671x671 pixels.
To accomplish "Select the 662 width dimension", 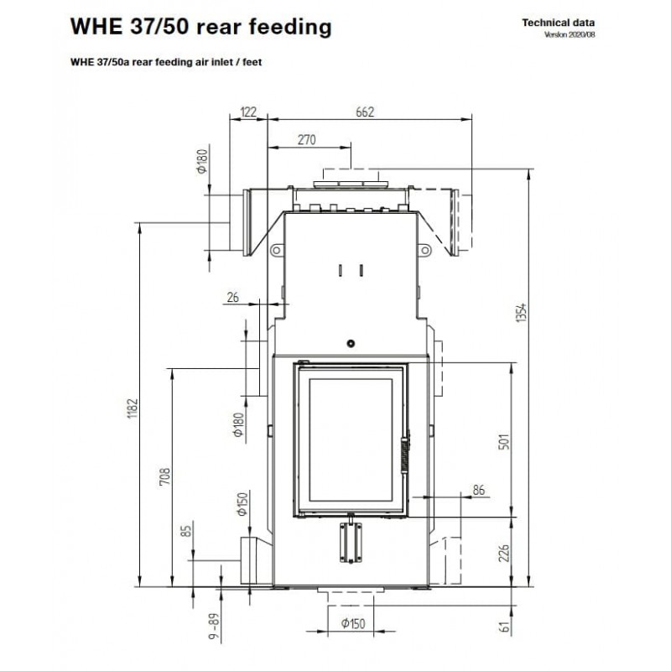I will (x=364, y=112).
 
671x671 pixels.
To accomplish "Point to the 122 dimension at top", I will (x=247, y=112).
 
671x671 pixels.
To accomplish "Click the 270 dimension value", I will (x=306, y=139).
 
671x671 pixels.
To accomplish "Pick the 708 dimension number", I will (x=165, y=477).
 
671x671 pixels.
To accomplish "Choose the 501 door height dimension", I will (x=503, y=443).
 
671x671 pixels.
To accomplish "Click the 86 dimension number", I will (x=479, y=489).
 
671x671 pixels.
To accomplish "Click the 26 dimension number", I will (x=232, y=295).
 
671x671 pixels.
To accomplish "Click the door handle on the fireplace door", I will (x=408, y=456).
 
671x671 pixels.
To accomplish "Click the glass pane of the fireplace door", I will (x=350, y=439).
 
